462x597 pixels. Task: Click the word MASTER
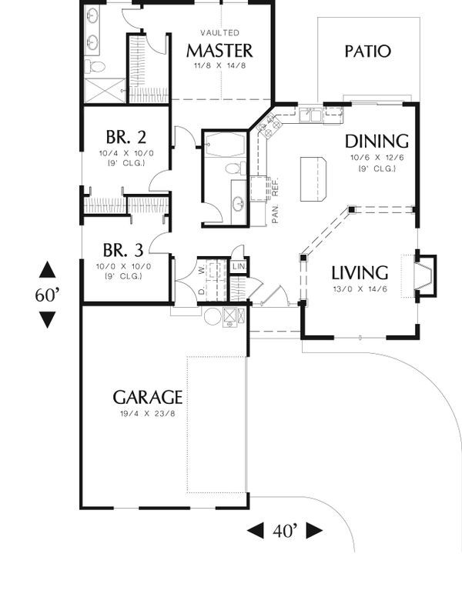[x=219, y=51]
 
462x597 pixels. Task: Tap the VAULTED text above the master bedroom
[x=219, y=33]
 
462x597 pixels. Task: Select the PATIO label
[x=367, y=52]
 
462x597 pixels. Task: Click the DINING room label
[x=376, y=141]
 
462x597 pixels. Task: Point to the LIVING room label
[x=360, y=272]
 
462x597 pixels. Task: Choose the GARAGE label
[x=148, y=397]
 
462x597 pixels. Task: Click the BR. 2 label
[x=126, y=138]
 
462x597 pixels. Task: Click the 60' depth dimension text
[x=47, y=295]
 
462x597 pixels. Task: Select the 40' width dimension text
[x=284, y=531]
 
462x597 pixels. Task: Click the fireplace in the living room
[x=424, y=275]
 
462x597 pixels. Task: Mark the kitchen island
[x=313, y=178]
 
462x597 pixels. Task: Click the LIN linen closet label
[x=239, y=267]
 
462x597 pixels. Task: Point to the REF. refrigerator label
[x=274, y=186]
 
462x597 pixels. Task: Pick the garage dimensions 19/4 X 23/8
[x=148, y=415]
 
